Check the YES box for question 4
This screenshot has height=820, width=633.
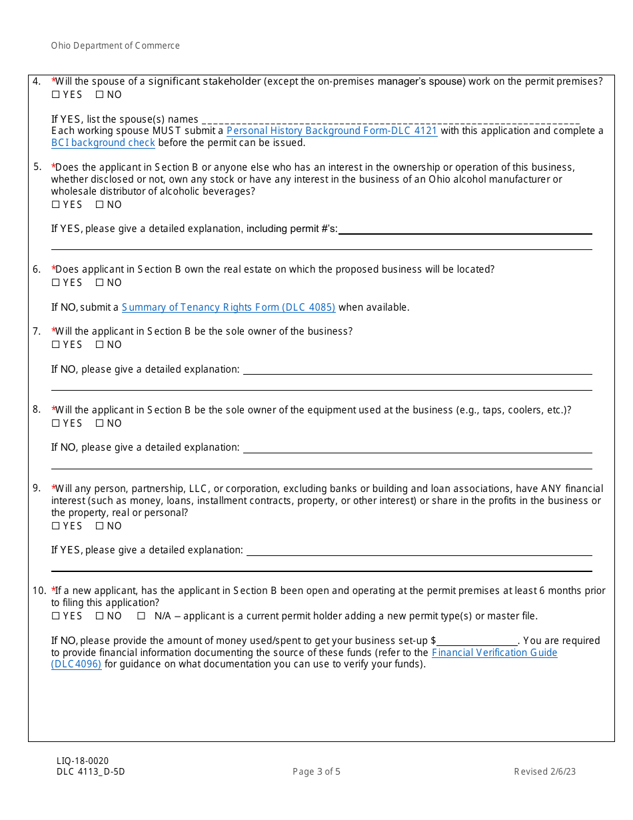[55, 95]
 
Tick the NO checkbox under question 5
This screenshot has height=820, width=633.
[99, 205]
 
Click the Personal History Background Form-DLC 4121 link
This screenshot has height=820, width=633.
[332, 131]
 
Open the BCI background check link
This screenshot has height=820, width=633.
[103, 143]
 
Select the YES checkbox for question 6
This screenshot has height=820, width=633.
[55, 283]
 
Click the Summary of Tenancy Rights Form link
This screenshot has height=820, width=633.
[229, 307]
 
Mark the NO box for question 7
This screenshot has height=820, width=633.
[99, 345]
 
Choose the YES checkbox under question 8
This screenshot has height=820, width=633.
[55, 423]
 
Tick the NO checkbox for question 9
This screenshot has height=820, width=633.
[99, 526]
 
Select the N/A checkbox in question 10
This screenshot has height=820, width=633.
[141, 616]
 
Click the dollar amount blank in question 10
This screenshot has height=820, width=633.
[477, 641]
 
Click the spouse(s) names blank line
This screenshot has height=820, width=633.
[390, 120]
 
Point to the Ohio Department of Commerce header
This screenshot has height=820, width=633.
[115, 46]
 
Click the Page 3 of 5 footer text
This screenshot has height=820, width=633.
[316, 772]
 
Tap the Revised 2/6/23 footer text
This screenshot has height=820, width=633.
[544, 772]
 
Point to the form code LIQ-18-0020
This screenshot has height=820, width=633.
[83, 761]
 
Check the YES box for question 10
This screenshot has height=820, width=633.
[55, 616]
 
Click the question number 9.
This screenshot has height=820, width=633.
[37, 489]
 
